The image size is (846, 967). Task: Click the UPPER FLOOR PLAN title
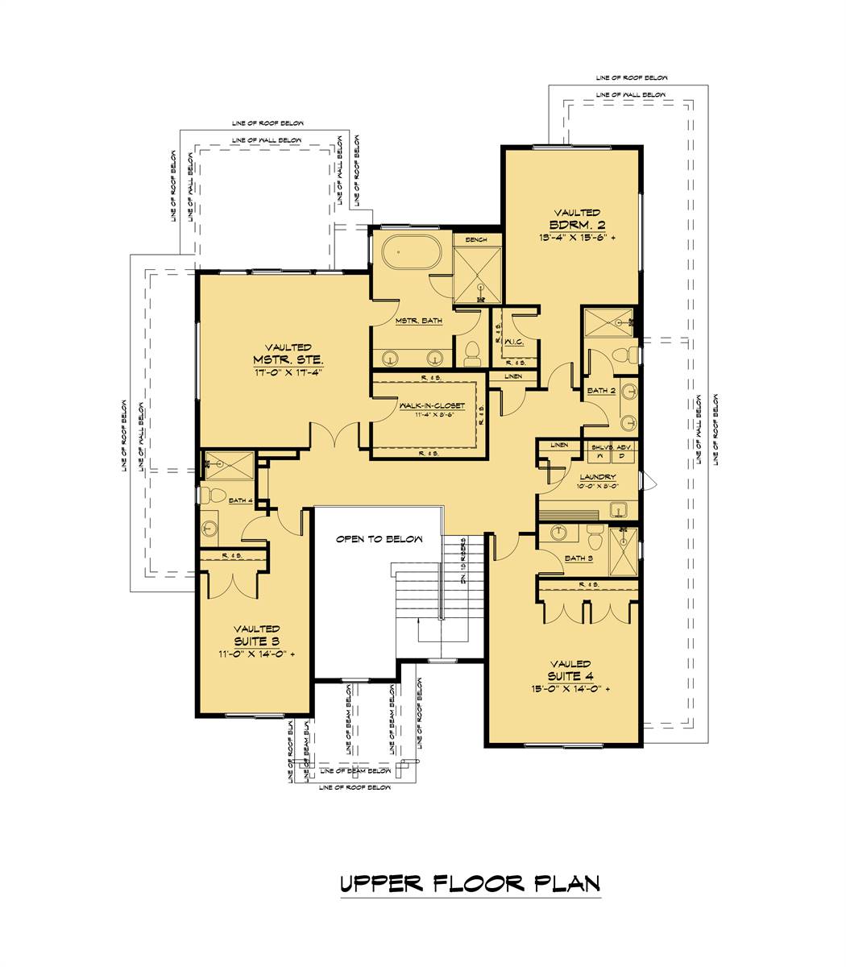click(x=470, y=883)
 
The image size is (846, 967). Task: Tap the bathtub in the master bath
click(x=412, y=253)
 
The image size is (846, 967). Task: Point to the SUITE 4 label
click(x=570, y=675)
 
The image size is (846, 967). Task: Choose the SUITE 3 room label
click(x=257, y=641)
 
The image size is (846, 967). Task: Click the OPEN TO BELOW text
click(x=379, y=539)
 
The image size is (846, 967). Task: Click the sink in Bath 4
click(x=210, y=528)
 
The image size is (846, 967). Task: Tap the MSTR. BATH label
click(x=418, y=321)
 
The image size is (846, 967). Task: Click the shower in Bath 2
click(x=609, y=322)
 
